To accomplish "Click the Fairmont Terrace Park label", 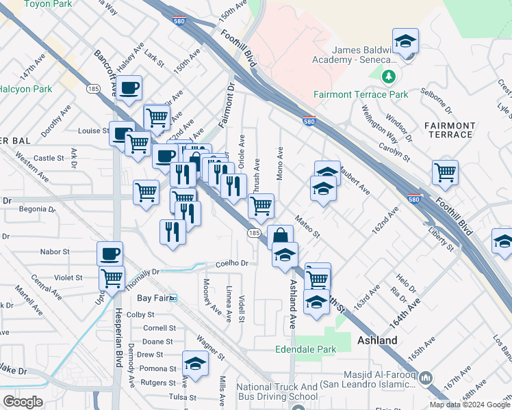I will (x=361, y=94).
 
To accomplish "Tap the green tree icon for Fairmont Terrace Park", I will (x=389, y=75).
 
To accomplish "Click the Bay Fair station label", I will (x=153, y=298).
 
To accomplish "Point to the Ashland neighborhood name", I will (x=377, y=340).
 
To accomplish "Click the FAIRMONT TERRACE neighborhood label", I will (x=449, y=130).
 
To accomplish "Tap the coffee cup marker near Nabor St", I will (x=110, y=254).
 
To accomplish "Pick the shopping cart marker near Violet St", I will (x=112, y=277).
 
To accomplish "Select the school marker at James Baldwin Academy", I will (x=405, y=40).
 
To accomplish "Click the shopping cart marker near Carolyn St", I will (x=445, y=172).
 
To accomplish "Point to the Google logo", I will (x=23, y=401).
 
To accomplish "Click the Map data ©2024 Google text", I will (x=470, y=405).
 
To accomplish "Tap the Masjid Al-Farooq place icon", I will (x=425, y=377).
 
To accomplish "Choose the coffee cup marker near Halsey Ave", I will (x=129, y=87).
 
